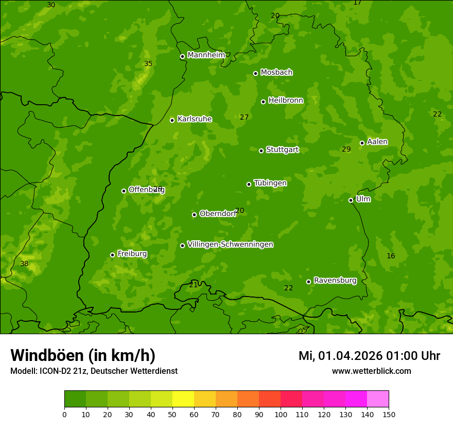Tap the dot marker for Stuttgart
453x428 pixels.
pyautogui.click(x=261, y=151)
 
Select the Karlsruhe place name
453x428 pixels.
pyautogui.click(x=194, y=119)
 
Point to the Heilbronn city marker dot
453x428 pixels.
pyautogui.click(x=263, y=102)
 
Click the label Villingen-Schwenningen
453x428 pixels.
pyautogui.click(x=230, y=244)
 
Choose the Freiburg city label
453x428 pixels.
pyautogui.click(x=132, y=254)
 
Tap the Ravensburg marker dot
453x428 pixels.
pyautogui.click(x=308, y=282)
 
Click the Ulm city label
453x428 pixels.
pyautogui.click(x=363, y=199)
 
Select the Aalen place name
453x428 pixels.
pyautogui.click(x=377, y=142)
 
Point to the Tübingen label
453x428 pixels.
pyautogui.click(x=270, y=183)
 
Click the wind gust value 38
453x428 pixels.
pyautogui.click(x=24, y=264)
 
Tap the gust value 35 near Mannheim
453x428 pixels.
pyautogui.click(x=148, y=64)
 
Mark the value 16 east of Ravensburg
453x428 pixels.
pyautogui.click(x=391, y=256)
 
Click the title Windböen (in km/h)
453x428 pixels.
pyautogui.click(x=83, y=355)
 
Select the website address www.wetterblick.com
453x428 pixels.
pyautogui.click(x=371, y=371)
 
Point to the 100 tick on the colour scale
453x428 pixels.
pyautogui.click(x=281, y=414)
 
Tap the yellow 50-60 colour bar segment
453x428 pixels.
pyautogui.click(x=183, y=399)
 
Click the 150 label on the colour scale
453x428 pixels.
pyautogui.click(x=389, y=414)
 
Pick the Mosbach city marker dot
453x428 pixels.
pyautogui.click(x=255, y=73)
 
